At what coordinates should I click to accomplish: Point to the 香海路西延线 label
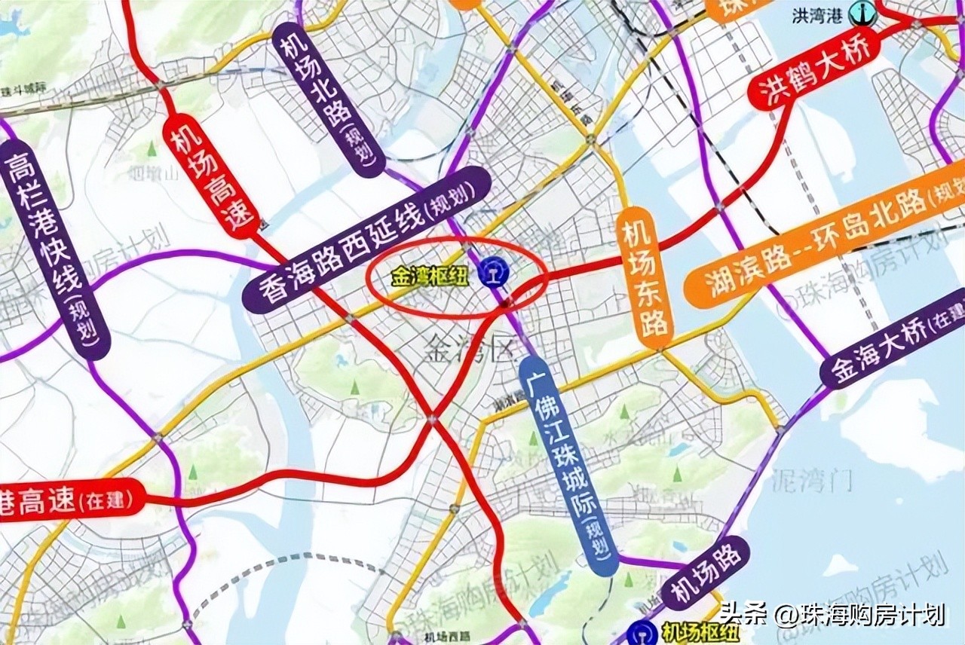(367, 240)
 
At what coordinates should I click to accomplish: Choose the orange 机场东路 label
(644, 279)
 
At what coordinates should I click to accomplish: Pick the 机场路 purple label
(706, 573)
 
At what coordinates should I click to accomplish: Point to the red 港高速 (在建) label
(71, 500)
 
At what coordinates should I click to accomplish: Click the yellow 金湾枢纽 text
(429, 277)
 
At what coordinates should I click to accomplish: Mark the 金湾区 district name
(467, 348)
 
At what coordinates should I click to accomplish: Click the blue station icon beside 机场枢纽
(642, 633)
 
